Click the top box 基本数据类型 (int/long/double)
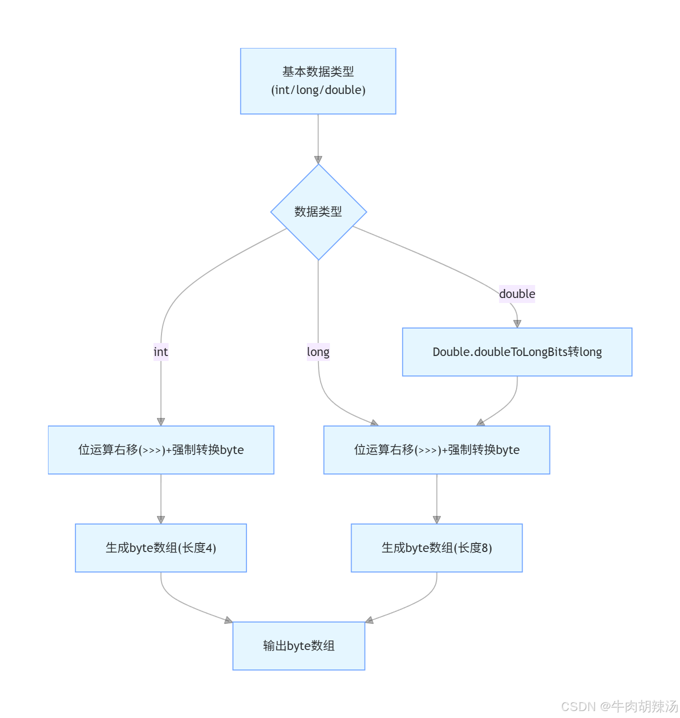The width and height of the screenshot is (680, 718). coord(318,81)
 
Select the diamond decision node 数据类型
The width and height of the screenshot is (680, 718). coord(318,211)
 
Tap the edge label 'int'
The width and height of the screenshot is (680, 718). coord(160,352)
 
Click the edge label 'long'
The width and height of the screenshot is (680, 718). coord(318,352)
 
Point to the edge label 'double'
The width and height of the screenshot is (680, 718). coord(517,294)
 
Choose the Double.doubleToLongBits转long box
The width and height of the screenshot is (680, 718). coord(517,352)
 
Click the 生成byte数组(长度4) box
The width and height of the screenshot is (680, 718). coord(160,548)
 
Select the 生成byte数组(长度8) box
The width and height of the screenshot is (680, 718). coord(436,548)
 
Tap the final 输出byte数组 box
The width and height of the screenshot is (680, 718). coord(298,646)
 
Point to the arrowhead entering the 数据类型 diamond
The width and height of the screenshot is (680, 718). coord(318,160)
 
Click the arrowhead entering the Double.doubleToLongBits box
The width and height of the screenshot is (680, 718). coord(517,323)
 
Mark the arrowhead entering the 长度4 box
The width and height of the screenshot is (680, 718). coord(160,520)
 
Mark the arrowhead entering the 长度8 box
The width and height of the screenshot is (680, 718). coord(436,520)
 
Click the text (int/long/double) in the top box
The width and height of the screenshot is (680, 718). coord(318,90)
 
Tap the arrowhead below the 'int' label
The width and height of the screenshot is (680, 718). coord(160,422)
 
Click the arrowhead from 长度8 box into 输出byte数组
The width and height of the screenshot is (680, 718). coord(369,620)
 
